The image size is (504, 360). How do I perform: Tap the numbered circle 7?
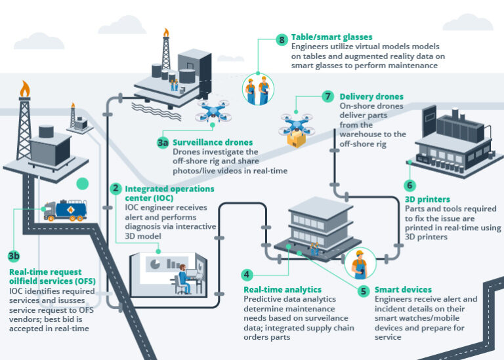click(328, 96)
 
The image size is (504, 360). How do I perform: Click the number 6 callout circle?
click(409, 186)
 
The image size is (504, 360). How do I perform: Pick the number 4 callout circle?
click(247, 275)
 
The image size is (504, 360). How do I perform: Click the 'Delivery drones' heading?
click(371, 96)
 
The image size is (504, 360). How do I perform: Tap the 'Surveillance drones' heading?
click(203, 142)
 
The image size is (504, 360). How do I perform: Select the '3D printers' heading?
click(427, 199)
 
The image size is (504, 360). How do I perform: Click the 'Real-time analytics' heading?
click(282, 289)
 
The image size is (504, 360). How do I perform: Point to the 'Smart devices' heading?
click(403, 289)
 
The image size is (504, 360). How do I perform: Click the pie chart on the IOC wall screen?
click(155, 262)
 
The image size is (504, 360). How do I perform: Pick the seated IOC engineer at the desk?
click(184, 281)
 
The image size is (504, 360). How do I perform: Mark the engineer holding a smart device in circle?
click(358, 264)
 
